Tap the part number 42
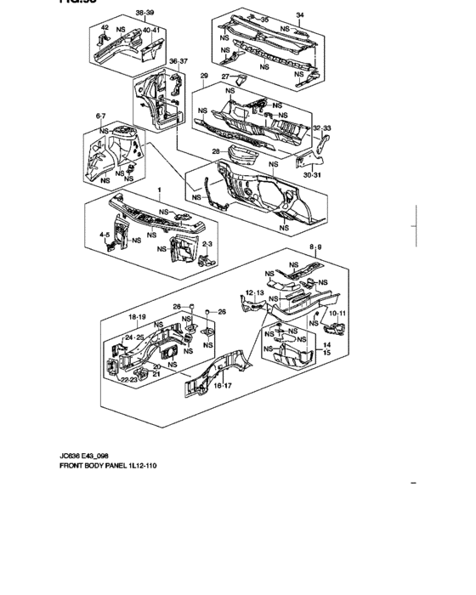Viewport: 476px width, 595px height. (105, 29)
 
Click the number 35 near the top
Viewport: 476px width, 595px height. (263, 19)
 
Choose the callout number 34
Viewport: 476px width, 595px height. (298, 14)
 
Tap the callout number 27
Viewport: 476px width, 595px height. (226, 77)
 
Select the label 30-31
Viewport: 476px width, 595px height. (311, 175)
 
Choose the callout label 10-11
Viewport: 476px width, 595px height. (337, 314)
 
